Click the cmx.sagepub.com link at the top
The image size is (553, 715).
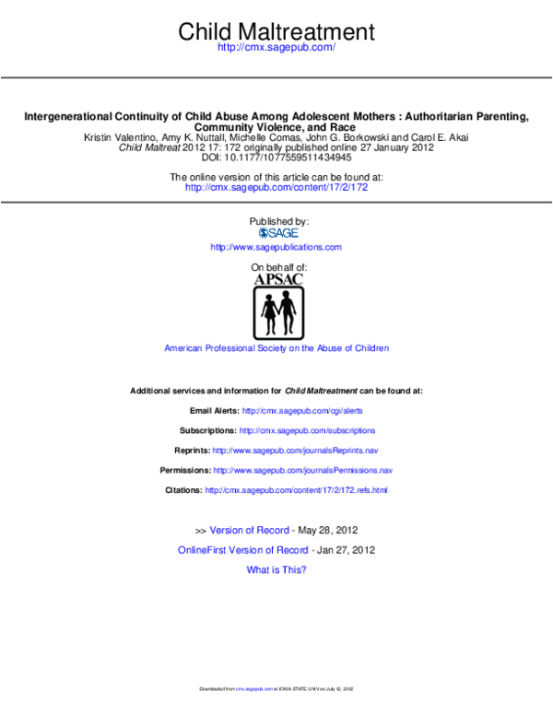pyautogui.click(x=276, y=47)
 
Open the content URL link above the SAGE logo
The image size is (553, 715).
pyautogui.click(x=276, y=187)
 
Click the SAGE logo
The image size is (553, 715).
pyautogui.click(x=278, y=233)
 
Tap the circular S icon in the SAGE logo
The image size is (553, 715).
pyautogui.click(x=263, y=233)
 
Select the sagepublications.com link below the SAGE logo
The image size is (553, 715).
pyautogui.click(x=276, y=247)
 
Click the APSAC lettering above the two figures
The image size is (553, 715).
pyautogui.click(x=278, y=279)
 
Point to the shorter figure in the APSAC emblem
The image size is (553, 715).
pyautogui.click(x=269, y=313)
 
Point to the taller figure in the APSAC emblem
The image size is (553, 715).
pyautogui.click(x=288, y=311)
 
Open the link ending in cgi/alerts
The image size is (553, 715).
pyautogui.click(x=302, y=410)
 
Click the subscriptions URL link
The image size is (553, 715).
pyautogui.click(x=307, y=430)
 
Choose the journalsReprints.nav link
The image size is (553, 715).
pyautogui.click(x=295, y=451)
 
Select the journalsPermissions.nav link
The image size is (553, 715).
pyautogui.click(x=303, y=470)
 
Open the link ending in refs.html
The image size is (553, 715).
pyautogui.click(x=296, y=490)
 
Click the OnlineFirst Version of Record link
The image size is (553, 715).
pyautogui.click(x=242, y=550)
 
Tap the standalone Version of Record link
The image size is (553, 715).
pyautogui.click(x=249, y=531)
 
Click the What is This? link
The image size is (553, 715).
pyautogui.click(x=276, y=570)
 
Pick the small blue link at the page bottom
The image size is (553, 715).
pyautogui.click(x=254, y=688)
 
